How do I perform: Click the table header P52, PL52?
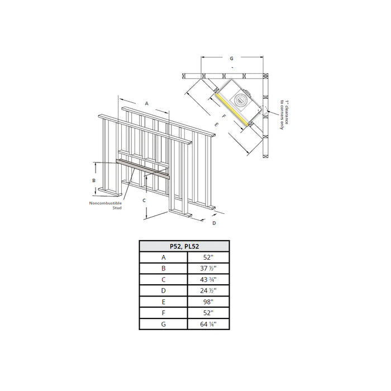(x=184, y=246)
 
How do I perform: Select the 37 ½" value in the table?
(x=207, y=269)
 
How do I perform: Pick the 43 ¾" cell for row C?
(x=207, y=280)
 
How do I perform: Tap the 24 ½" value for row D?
(x=207, y=291)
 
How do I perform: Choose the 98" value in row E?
(x=207, y=302)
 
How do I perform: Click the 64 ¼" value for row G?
(x=207, y=324)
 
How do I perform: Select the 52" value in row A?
(x=207, y=258)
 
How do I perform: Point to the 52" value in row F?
(x=207, y=313)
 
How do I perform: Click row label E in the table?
(x=164, y=302)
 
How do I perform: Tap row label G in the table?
(x=164, y=324)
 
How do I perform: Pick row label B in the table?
(x=164, y=269)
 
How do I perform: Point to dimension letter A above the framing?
(x=146, y=103)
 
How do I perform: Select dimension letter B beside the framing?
(x=94, y=180)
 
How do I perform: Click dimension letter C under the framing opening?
(x=144, y=199)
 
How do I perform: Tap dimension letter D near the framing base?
(x=214, y=223)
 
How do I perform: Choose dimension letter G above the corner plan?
(x=231, y=58)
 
